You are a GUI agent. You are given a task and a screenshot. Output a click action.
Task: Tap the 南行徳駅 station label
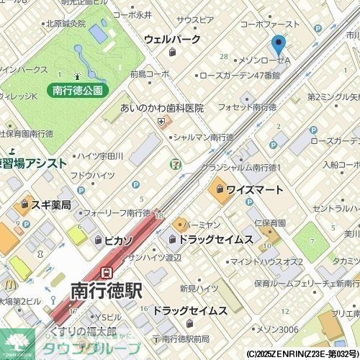point(106,292)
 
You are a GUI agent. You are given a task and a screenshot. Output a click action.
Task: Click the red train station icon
point(107,273)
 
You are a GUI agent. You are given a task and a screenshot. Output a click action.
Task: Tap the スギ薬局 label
point(50,205)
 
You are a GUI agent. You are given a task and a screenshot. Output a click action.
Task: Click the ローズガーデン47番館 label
point(239,75)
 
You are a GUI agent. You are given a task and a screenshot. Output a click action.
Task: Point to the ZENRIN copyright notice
point(302,354)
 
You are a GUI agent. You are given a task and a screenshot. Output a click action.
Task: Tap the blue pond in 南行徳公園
point(96,33)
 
